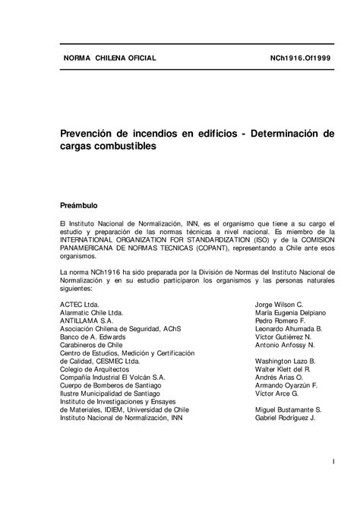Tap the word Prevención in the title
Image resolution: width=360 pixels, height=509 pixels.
pos(87,134)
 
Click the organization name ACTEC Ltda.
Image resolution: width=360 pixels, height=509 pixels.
pos(79,304)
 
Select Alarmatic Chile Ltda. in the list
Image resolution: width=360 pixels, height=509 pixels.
pos(92,312)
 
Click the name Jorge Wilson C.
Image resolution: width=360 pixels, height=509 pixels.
pos(279,304)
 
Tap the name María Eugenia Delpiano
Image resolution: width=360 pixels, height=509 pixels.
pos(292,312)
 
